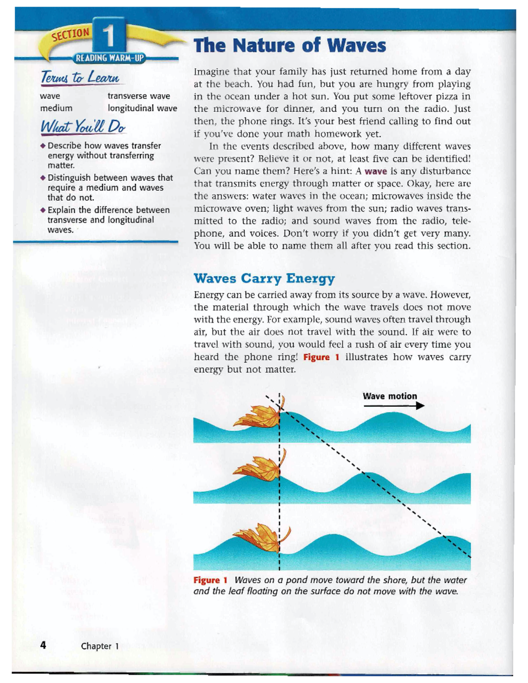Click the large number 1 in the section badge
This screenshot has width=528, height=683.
pyautogui.click(x=108, y=36)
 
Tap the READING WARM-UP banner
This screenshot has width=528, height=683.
pyautogui.click(x=110, y=58)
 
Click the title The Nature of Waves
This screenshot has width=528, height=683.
pyautogui.click(x=290, y=45)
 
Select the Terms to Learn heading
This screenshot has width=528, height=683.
pyautogui.click(x=81, y=77)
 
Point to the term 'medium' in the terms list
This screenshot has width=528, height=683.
pyautogui.click(x=56, y=108)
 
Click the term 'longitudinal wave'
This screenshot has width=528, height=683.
pyautogui.click(x=142, y=108)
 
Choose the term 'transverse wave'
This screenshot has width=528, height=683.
pyautogui.click(x=139, y=96)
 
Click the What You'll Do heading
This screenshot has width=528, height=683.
pyautogui.click(x=83, y=127)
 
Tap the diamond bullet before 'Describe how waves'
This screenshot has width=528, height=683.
pyautogui.click(x=43, y=146)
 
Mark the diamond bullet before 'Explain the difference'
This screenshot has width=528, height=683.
pyautogui.click(x=43, y=210)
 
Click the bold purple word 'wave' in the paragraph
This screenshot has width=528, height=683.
pyautogui.click(x=376, y=172)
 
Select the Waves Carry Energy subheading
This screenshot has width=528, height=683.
pyautogui.click(x=264, y=278)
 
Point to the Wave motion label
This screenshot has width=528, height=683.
pyautogui.click(x=390, y=396)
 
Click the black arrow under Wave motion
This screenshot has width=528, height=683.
pyautogui.click(x=394, y=405)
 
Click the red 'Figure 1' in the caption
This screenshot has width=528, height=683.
pyautogui.click(x=210, y=580)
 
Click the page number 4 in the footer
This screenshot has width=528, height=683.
pyautogui.click(x=43, y=645)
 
